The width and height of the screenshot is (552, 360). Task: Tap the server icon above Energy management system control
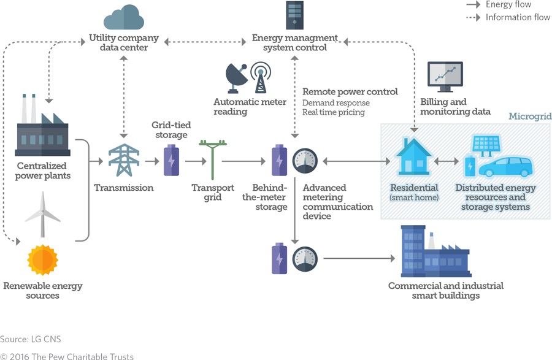click(294, 15)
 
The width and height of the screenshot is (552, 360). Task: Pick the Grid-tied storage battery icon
click(171, 160)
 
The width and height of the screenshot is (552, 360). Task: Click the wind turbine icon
click(43, 213)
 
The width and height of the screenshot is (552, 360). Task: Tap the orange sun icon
click(42, 259)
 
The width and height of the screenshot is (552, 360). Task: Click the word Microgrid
click(530, 117)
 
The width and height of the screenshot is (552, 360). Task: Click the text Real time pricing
click(333, 112)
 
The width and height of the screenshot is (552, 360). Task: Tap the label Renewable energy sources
click(42, 291)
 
